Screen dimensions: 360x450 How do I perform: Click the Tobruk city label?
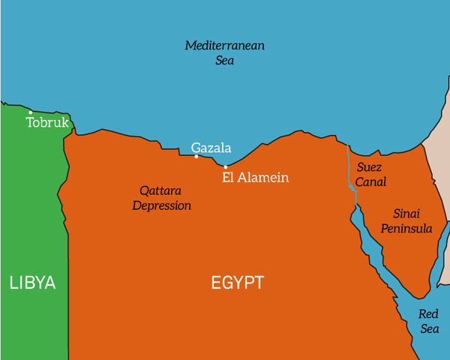[47, 122]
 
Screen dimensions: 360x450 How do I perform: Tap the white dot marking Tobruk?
[31, 112]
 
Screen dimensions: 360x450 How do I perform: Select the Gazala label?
[211, 148]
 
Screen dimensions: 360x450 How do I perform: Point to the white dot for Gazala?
[196, 157]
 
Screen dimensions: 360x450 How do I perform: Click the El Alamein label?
[256, 178]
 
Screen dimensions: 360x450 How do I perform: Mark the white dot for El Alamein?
[226, 166]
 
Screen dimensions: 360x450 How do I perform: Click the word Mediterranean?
[225, 46]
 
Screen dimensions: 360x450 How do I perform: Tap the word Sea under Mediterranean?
[225, 60]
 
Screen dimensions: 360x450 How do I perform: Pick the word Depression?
[162, 205]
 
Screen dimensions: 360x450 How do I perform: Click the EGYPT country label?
[237, 283]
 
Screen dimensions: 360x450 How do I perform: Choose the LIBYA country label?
[32, 283]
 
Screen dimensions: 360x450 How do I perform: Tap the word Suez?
[370, 166]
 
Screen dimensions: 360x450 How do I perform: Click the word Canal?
[371, 181]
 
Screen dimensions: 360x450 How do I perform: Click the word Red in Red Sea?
[429, 314]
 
